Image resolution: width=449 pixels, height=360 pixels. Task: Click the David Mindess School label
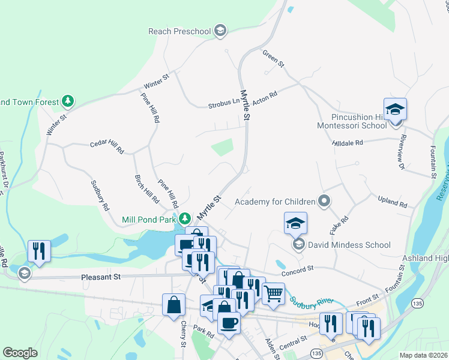pyautogui.click(x=349, y=245)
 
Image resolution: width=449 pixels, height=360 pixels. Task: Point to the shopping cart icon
pyautogui.click(x=273, y=293)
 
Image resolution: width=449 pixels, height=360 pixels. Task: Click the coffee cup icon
pyautogui.click(x=229, y=323)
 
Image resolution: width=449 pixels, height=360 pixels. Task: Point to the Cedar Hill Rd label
pyautogui.click(x=106, y=147)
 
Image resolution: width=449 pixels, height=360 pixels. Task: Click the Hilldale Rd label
pyautogui.click(x=348, y=143)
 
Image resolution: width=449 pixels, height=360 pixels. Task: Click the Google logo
pyautogui.click(x=20, y=353)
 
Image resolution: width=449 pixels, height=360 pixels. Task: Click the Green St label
pyautogui.click(x=273, y=58)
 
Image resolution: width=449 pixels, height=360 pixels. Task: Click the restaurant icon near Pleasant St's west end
pyautogui.click(x=39, y=251)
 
